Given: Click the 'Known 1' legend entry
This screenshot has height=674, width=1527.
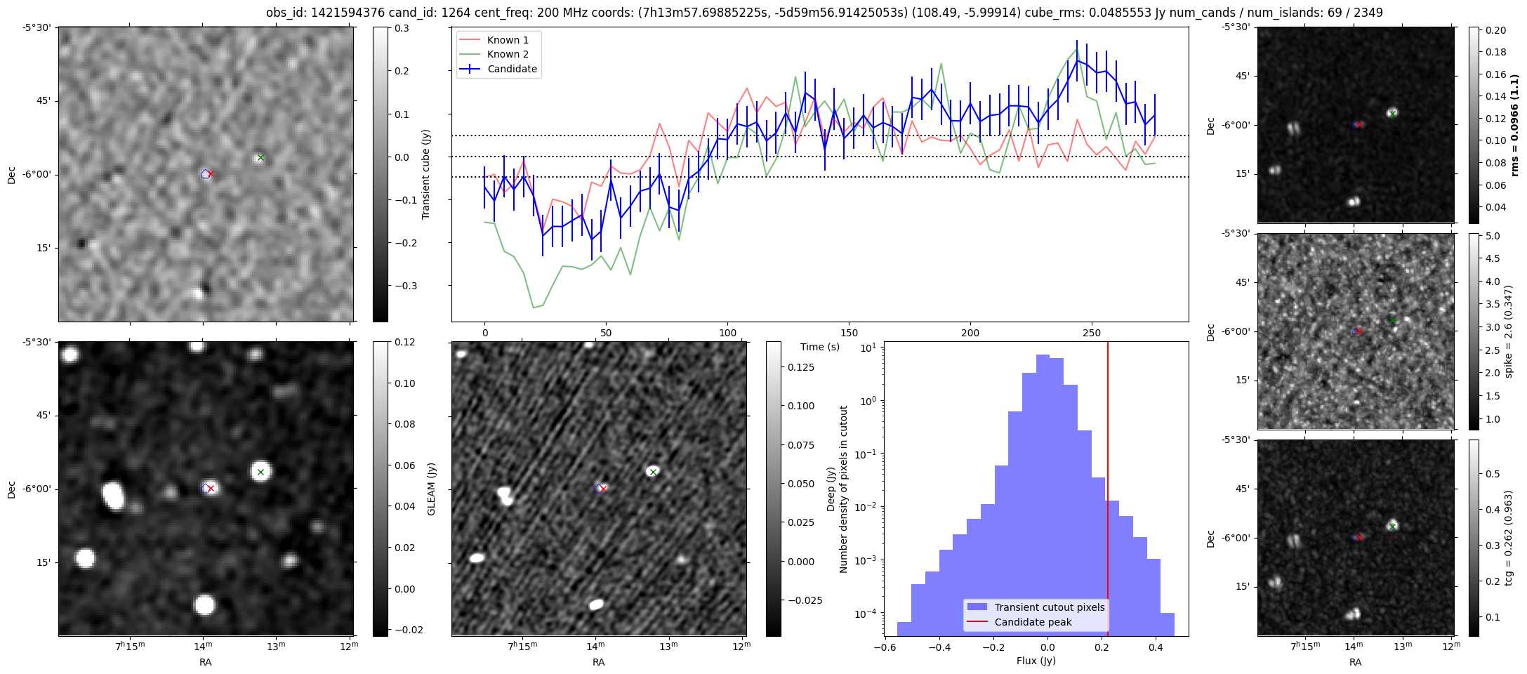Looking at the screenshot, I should click(x=508, y=40).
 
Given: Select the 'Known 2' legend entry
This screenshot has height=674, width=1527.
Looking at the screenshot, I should click(x=508, y=54).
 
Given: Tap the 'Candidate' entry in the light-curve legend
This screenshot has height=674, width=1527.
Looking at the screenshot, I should click(x=512, y=69).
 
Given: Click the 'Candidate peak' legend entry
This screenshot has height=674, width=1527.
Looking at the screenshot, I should click(x=1033, y=622).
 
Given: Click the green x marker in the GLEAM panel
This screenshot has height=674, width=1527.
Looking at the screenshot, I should click(x=260, y=472).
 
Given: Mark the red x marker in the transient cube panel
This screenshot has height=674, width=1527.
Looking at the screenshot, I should click(x=211, y=173).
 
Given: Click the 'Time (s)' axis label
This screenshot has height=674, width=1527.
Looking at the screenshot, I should click(x=820, y=347).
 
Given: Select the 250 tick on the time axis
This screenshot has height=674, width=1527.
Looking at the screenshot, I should click(x=1091, y=332).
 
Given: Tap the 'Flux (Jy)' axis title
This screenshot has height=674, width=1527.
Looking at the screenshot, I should click(x=1036, y=661).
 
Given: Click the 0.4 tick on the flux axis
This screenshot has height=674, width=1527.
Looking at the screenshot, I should click(x=1155, y=648).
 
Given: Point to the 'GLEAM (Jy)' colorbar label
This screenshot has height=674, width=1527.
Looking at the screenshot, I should click(x=432, y=489).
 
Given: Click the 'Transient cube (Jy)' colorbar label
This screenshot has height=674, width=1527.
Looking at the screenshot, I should click(x=426, y=174).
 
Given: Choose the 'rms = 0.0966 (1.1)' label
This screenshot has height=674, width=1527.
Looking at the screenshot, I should click(x=1515, y=125).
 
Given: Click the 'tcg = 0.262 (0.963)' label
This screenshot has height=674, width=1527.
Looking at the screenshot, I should click(x=1509, y=538).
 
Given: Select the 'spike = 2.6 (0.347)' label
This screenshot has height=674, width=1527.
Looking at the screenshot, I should click(x=1509, y=331).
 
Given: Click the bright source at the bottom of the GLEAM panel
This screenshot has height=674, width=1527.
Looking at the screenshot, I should click(x=204, y=604).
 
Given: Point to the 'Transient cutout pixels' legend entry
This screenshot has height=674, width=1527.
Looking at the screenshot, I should click(x=1049, y=607).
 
